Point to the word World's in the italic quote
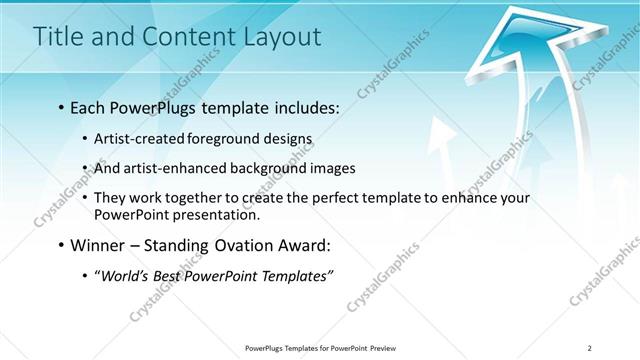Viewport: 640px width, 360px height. point(126,275)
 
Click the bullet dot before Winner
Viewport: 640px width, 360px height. point(62,245)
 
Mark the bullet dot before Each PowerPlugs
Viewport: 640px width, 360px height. point(62,107)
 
